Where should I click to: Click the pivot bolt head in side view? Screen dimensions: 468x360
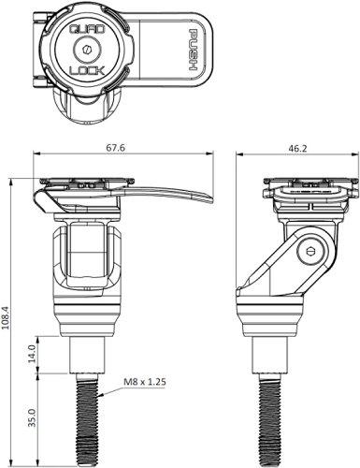pyautogui.click(x=311, y=251)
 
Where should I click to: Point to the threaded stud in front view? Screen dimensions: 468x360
pyautogui.click(x=93, y=412)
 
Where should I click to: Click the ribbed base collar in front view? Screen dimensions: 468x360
pyautogui.click(x=93, y=318)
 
